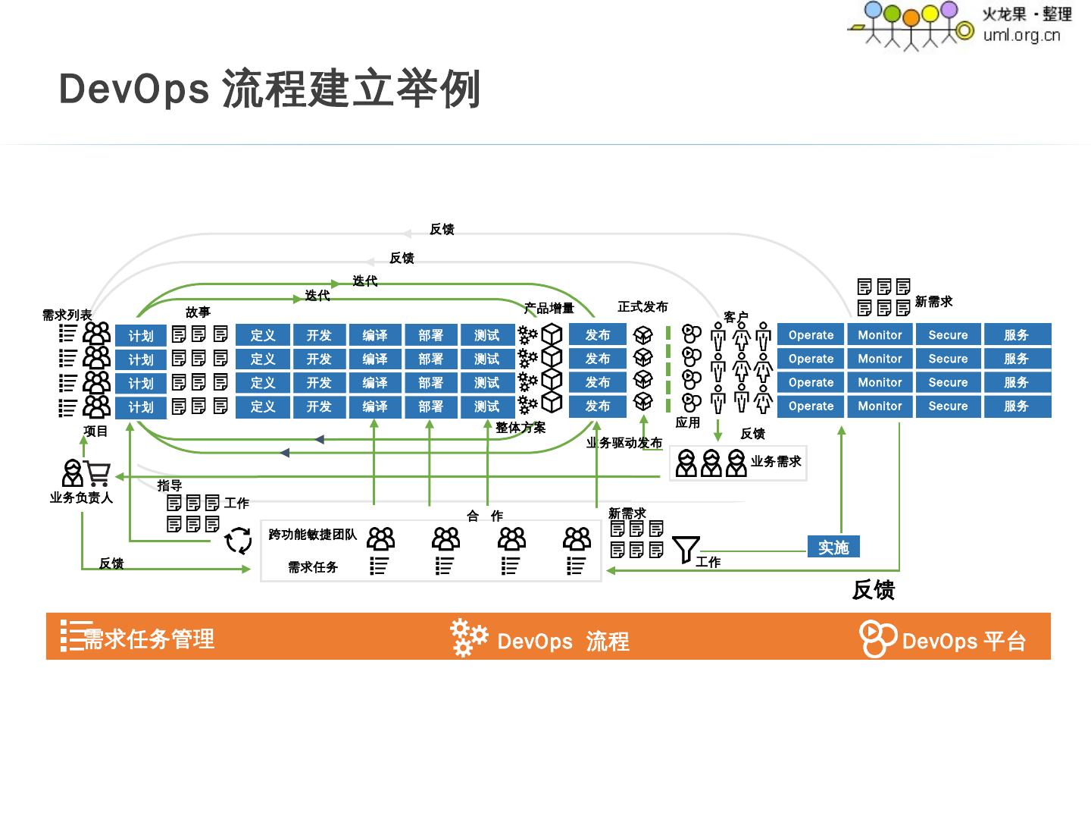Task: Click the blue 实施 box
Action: (x=833, y=547)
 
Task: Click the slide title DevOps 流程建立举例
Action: (x=269, y=89)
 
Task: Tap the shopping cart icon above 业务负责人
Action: (x=98, y=473)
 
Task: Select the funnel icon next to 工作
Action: (x=686, y=549)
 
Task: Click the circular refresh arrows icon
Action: (x=239, y=541)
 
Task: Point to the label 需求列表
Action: (x=67, y=315)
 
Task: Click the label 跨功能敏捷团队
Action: (x=312, y=535)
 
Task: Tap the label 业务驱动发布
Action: (x=624, y=443)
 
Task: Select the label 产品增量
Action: (x=549, y=308)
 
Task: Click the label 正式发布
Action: (x=642, y=306)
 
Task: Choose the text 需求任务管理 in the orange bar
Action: (x=148, y=639)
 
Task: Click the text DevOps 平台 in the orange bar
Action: (x=964, y=642)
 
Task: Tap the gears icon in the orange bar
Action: (x=468, y=637)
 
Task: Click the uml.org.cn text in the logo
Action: (x=1021, y=35)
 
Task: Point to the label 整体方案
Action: (x=520, y=428)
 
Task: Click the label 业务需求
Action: (x=776, y=461)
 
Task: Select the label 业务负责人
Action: (x=81, y=497)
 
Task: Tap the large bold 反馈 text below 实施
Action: (x=874, y=590)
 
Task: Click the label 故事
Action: (x=198, y=312)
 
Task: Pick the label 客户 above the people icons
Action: (x=736, y=316)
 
